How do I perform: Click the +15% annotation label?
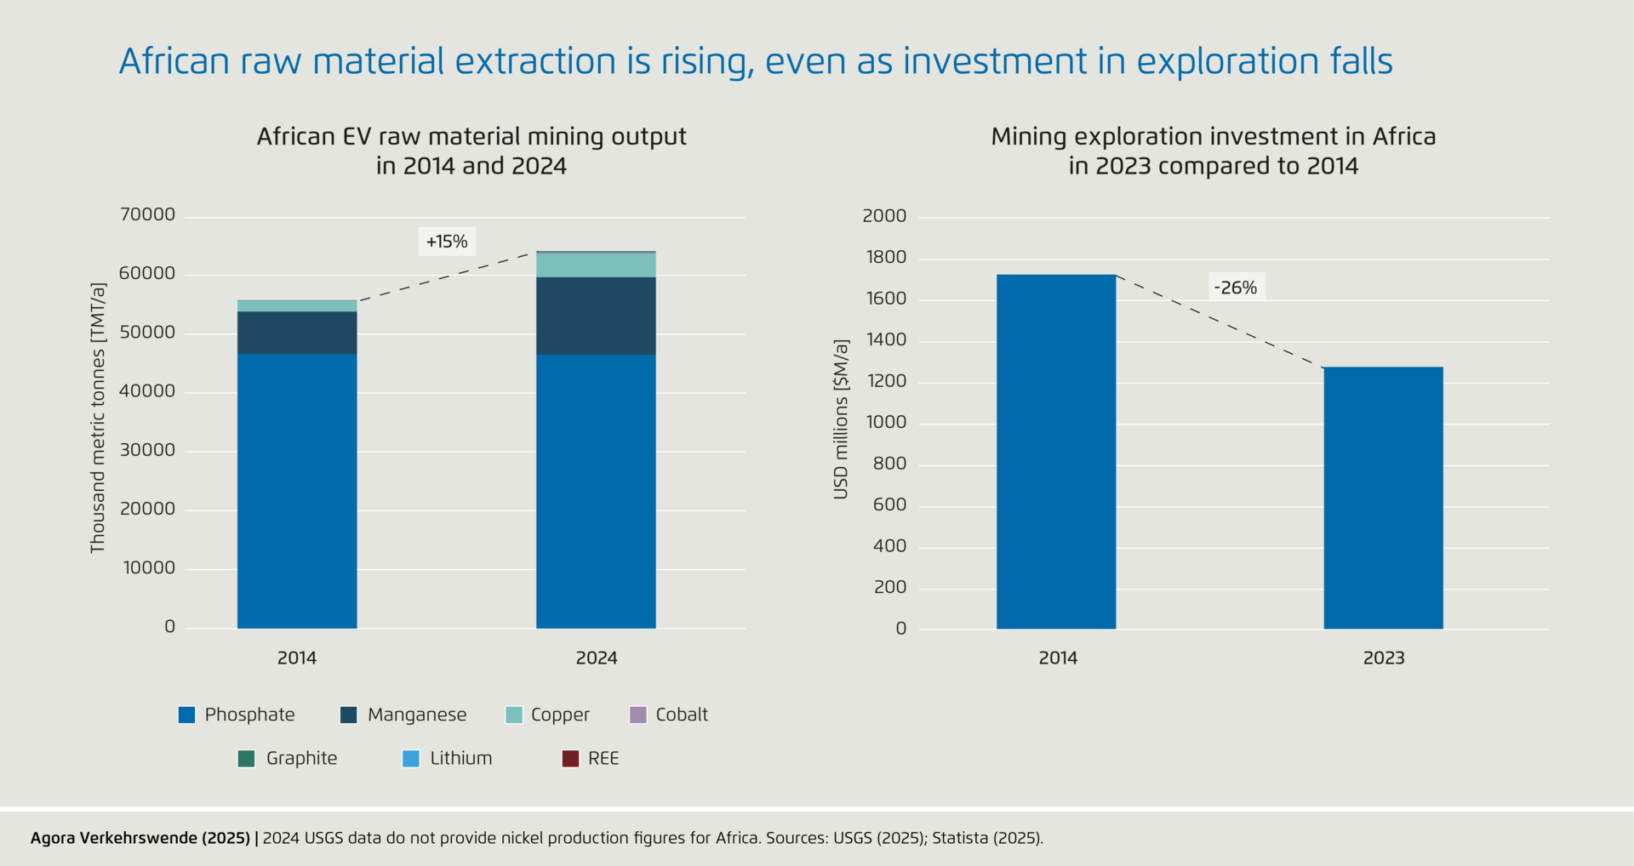pyautogui.click(x=447, y=242)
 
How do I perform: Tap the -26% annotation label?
pyautogui.click(x=1236, y=288)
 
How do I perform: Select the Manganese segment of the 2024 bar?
pyautogui.click(x=596, y=316)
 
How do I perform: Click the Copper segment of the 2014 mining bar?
pyautogui.click(x=297, y=306)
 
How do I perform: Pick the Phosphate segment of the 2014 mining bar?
pyautogui.click(x=297, y=491)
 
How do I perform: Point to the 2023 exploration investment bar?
pyautogui.click(x=1383, y=498)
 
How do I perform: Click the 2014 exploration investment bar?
pyautogui.click(x=1056, y=452)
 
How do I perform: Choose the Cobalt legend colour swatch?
pyautogui.click(x=637, y=715)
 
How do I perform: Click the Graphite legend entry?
pyautogui.click(x=288, y=758)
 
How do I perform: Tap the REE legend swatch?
pyautogui.click(x=570, y=758)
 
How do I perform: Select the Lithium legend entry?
pyautogui.click(x=448, y=758)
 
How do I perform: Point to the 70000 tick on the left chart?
pyautogui.click(x=147, y=214)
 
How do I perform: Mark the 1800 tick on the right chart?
pyautogui.click(x=885, y=257)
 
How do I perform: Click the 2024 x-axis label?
pyautogui.click(x=597, y=658)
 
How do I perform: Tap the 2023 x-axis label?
pyautogui.click(x=1384, y=658)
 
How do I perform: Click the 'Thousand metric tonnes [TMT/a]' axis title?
pyautogui.click(x=99, y=419)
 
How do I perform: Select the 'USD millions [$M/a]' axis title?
pyautogui.click(x=841, y=419)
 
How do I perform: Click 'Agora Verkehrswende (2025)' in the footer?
pyautogui.click(x=140, y=838)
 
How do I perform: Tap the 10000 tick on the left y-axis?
pyautogui.click(x=149, y=567)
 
